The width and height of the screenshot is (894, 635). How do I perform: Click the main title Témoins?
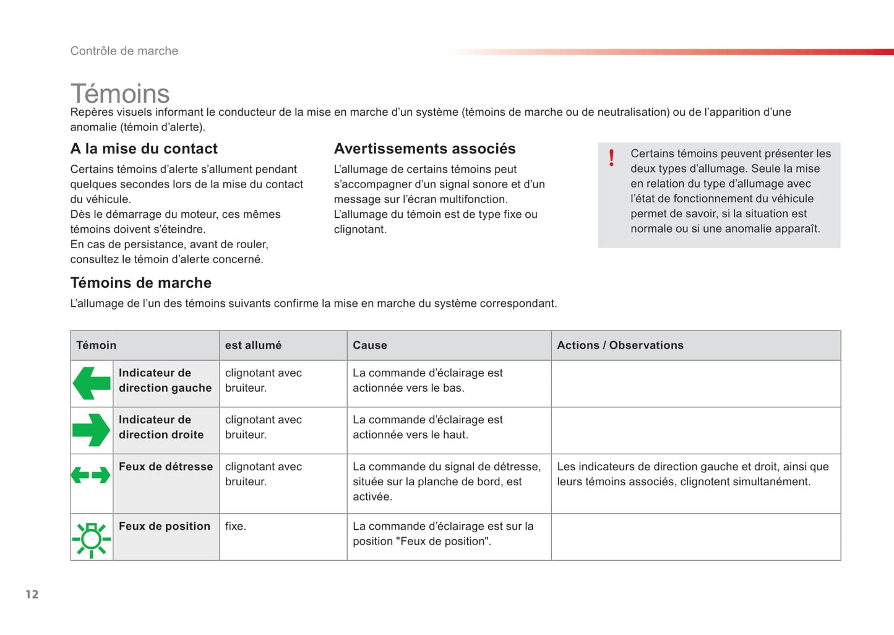coord(120,93)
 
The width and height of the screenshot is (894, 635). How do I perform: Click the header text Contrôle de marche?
coord(124,51)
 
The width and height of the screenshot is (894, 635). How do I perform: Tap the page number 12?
coord(32,594)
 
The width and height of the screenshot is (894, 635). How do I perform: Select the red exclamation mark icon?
coord(611,158)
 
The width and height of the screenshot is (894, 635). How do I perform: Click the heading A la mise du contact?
coord(144,149)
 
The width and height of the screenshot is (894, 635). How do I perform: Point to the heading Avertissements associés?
coord(424,149)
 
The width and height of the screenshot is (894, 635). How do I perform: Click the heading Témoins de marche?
coord(140,283)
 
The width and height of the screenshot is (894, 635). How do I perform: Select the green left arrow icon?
coord(92,383)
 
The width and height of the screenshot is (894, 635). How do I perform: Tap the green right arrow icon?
coord(92,430)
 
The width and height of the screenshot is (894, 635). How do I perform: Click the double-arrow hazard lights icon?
coord(91,475)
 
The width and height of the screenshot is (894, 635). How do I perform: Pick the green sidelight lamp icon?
coord(92,539)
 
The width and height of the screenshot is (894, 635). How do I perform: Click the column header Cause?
coord(370,345)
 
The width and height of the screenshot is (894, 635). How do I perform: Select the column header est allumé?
coord(253,345)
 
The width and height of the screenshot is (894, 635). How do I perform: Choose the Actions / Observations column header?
coord(620,345)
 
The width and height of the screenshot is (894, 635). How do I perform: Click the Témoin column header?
coord(97,345)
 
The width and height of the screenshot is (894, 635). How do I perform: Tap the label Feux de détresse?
coord(166,467)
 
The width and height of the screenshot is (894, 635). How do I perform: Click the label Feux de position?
coord(165,526)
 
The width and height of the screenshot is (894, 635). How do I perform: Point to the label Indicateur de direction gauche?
coord(165,381)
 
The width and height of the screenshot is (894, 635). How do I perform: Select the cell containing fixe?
coord(236,526)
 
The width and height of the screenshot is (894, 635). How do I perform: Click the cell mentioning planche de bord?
coord(447,482)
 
